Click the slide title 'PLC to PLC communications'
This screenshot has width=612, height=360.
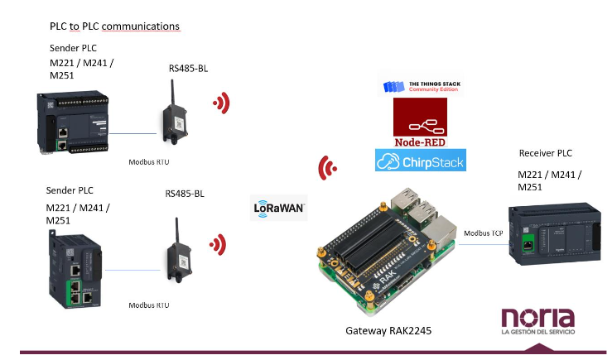115,26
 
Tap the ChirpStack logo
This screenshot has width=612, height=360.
421,160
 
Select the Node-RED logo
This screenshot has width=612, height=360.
420,122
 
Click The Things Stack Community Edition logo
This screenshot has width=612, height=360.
422,86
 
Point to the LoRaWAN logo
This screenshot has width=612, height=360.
279,208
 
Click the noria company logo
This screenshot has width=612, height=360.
538,321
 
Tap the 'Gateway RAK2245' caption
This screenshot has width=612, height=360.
388,331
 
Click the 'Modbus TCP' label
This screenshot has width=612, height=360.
483,233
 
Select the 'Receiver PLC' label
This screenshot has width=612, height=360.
545,153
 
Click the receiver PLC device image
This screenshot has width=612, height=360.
555,233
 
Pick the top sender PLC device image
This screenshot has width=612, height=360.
73,122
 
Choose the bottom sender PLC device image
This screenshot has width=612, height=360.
75,269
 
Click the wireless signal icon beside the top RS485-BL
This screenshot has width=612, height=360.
222,103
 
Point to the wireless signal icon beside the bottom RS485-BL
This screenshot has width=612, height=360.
218,244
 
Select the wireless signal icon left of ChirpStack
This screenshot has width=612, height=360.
327,168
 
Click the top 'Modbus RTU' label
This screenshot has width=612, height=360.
149,162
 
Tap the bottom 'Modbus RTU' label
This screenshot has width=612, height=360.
149,305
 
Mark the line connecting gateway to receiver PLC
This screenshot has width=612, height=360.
484,244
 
